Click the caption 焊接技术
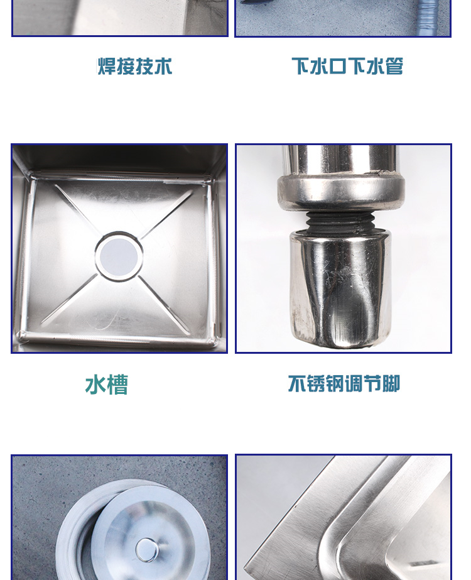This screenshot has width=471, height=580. click(135, 67)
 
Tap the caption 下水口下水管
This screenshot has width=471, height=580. click(347, 66)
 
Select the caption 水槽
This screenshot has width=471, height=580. click(107, 385)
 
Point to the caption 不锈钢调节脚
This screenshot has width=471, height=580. click(344, 383)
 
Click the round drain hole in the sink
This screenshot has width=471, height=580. click(119, 256)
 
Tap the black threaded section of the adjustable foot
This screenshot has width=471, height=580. click(340, 222)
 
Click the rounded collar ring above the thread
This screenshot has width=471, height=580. click(341, 192)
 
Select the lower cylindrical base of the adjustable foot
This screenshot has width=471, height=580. click(340, 288)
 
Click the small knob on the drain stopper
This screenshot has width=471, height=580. click(147, 550)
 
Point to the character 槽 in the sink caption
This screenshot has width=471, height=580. click(117, 385)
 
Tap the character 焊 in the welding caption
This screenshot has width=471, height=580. click(107, 67)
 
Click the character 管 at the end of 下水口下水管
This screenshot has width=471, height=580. click(394, 66)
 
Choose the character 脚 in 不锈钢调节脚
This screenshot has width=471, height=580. click(391, 383)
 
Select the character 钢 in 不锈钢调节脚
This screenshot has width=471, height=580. click(335, 383)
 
